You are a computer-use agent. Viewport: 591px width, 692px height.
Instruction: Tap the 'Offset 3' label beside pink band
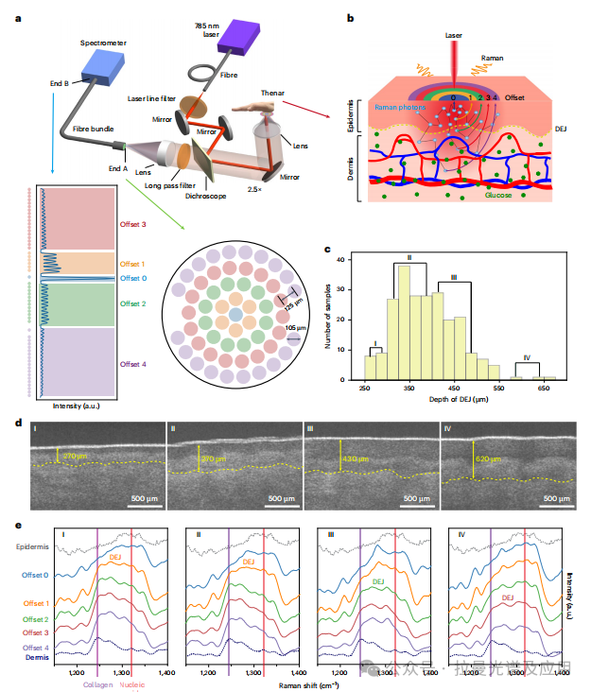point(132,223)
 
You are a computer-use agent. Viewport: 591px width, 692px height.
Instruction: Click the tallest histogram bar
point(404,322)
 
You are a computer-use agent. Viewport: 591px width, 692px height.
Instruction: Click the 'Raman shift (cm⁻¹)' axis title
point(308,682)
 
